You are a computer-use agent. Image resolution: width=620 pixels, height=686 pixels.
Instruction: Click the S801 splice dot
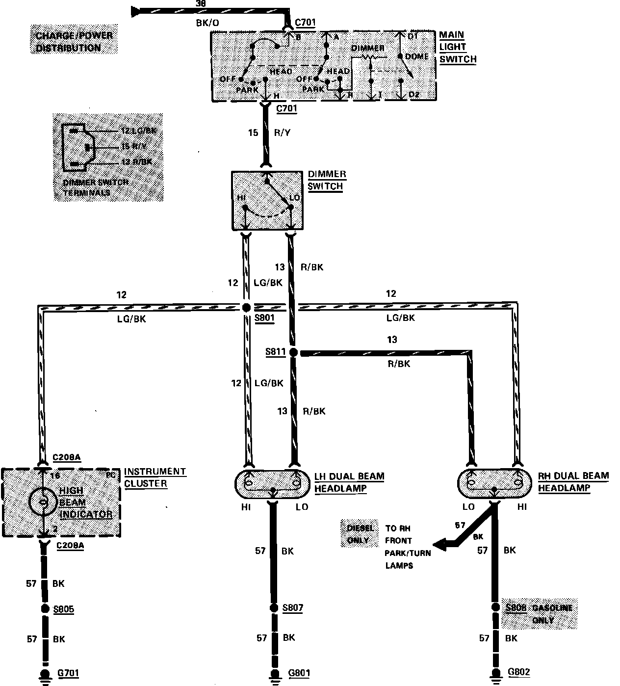click(x=246, y=308)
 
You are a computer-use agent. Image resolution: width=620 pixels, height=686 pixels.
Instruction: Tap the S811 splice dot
click(x=293, y=352)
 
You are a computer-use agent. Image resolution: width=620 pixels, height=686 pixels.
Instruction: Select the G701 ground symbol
click(x=45, y=675)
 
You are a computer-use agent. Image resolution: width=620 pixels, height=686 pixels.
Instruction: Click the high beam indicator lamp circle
click(x=43, y=501)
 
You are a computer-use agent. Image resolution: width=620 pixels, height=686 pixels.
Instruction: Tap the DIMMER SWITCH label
click(x=326, y=181)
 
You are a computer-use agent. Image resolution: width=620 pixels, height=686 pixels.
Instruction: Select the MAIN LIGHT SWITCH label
click(x=457, y=47)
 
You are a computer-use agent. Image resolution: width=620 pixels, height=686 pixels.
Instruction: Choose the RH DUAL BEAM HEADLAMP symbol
click(x=494, y=483)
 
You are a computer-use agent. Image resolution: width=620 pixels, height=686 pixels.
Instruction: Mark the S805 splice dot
click(x=45, y=610)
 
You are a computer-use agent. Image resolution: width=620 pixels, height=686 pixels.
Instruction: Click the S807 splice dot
click(x=273, y=608)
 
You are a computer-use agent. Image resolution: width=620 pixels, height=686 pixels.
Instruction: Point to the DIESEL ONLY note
click(x=360, y=534)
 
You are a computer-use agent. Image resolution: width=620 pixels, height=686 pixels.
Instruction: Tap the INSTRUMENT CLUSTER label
click(x=155, y=477)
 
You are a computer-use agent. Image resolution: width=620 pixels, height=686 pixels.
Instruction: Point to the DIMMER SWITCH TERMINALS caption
click(x=96, y=187)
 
